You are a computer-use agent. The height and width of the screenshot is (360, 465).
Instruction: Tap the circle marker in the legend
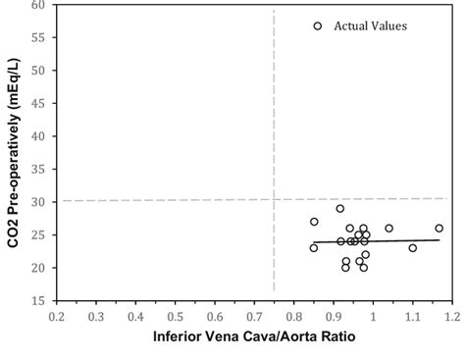point(317,26)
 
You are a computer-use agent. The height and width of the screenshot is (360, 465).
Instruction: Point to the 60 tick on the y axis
point(36,5)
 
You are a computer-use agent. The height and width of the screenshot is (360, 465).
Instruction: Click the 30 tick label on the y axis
point(36,202)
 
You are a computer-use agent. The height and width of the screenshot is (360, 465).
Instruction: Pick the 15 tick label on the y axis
point(36,301)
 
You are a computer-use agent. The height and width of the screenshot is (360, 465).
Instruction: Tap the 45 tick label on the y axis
point(36,104)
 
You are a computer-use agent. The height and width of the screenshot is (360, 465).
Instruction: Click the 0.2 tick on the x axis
point(57,317)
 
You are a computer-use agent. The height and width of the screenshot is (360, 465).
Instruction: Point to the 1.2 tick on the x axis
point(451,317)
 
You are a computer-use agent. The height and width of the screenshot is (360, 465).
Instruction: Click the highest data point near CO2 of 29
point(340,208)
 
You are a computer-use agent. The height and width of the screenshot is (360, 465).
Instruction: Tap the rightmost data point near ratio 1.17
point(439,229)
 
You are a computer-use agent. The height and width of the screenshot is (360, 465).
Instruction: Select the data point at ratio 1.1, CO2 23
point(412,248)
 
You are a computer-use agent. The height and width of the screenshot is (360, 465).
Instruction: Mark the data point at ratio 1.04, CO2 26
point(388,229)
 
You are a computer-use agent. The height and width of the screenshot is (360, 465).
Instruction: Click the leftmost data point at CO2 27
point(314,222)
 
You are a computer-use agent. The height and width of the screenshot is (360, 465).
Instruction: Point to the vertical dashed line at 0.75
point(273,118)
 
